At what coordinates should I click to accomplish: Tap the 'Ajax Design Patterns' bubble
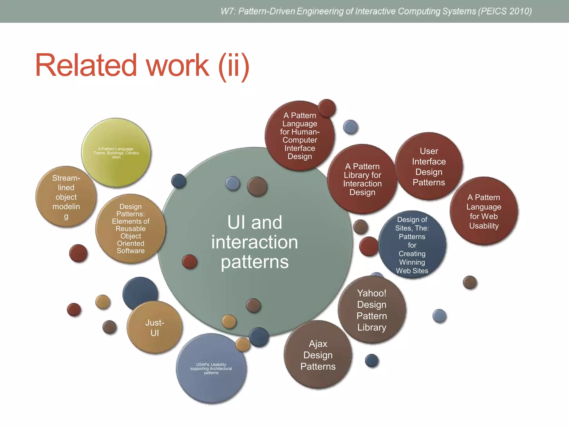(318, 355)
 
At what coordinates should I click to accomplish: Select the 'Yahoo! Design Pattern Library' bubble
(371, 310)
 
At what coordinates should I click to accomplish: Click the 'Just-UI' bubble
(155, 328)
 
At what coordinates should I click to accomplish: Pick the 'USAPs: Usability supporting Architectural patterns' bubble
(211, 369)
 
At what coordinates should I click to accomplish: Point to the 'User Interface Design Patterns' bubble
(429, 167)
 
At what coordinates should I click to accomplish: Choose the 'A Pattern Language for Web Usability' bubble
(484, 211)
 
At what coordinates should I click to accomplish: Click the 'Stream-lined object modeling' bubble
(66, 197)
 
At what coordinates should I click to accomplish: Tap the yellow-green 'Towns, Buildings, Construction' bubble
(116, 153)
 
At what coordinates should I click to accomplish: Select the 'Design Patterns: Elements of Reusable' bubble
(131, 229)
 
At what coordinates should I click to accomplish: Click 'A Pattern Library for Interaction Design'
(362, 179)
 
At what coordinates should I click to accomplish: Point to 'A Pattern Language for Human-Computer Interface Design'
(300, 136)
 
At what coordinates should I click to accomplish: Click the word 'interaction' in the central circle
(254, 242)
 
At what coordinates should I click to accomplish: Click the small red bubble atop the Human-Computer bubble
(327, 108)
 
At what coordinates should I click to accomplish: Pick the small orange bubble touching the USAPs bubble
(243, 344)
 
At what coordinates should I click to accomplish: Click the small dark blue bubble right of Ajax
(372, 361)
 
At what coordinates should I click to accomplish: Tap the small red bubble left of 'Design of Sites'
(368, 246)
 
